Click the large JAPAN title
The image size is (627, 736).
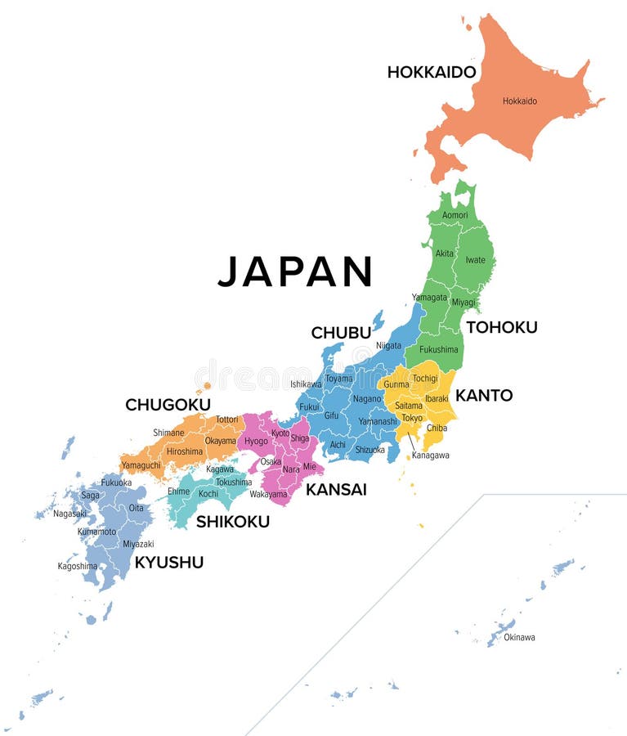295,272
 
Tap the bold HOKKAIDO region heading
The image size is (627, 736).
431,72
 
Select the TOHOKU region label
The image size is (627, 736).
501,327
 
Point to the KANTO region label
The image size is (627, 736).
484,396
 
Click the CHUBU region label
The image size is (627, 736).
341,333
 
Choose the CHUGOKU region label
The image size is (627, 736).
168,405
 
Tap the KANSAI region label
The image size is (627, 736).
336,490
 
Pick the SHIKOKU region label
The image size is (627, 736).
232,521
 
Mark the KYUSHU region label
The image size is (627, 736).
168,562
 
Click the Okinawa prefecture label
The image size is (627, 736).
519,637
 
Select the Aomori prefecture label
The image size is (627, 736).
455,215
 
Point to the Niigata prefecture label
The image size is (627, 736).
389,346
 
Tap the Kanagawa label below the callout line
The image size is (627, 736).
430,456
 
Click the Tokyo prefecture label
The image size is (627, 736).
412,418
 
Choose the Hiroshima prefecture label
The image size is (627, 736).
185,451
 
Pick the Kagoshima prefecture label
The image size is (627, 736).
78,566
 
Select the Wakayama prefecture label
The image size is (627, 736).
268,494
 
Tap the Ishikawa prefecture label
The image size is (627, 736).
306,384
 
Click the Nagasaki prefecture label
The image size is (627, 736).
69,514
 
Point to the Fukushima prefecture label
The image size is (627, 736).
439,349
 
